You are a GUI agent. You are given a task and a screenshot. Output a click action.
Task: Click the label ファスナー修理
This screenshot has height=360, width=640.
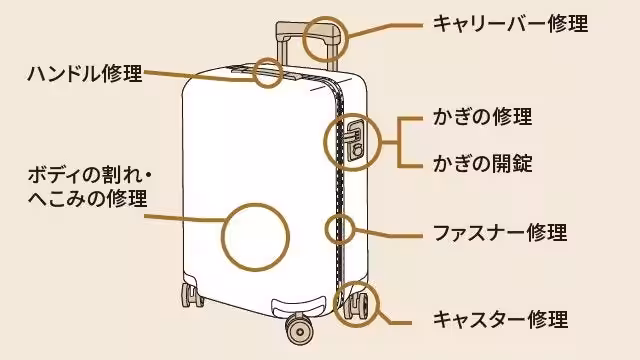point(499,233)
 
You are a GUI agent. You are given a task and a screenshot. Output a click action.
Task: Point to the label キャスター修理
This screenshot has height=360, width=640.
point(500,320)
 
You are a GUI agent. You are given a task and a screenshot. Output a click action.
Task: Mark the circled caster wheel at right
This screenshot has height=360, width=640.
point(356,302)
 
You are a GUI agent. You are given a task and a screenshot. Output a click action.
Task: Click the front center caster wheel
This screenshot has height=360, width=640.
point(298,326)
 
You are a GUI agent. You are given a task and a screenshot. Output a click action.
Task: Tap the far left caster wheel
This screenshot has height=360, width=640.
point(189,297)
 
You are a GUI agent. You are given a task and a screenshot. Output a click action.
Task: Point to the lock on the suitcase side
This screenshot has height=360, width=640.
point(354,139)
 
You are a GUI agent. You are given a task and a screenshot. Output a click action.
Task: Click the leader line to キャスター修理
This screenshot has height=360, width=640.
point(395,320)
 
